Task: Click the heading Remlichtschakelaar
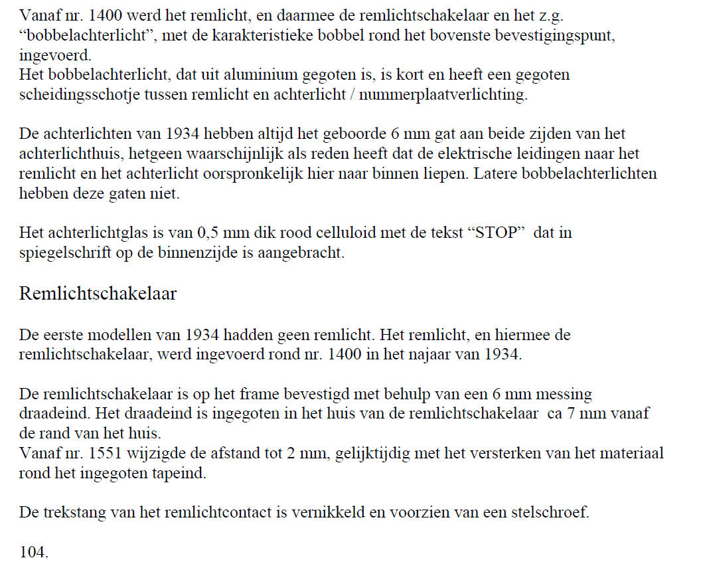coord(98,294)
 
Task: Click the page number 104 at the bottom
coord(33,551)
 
